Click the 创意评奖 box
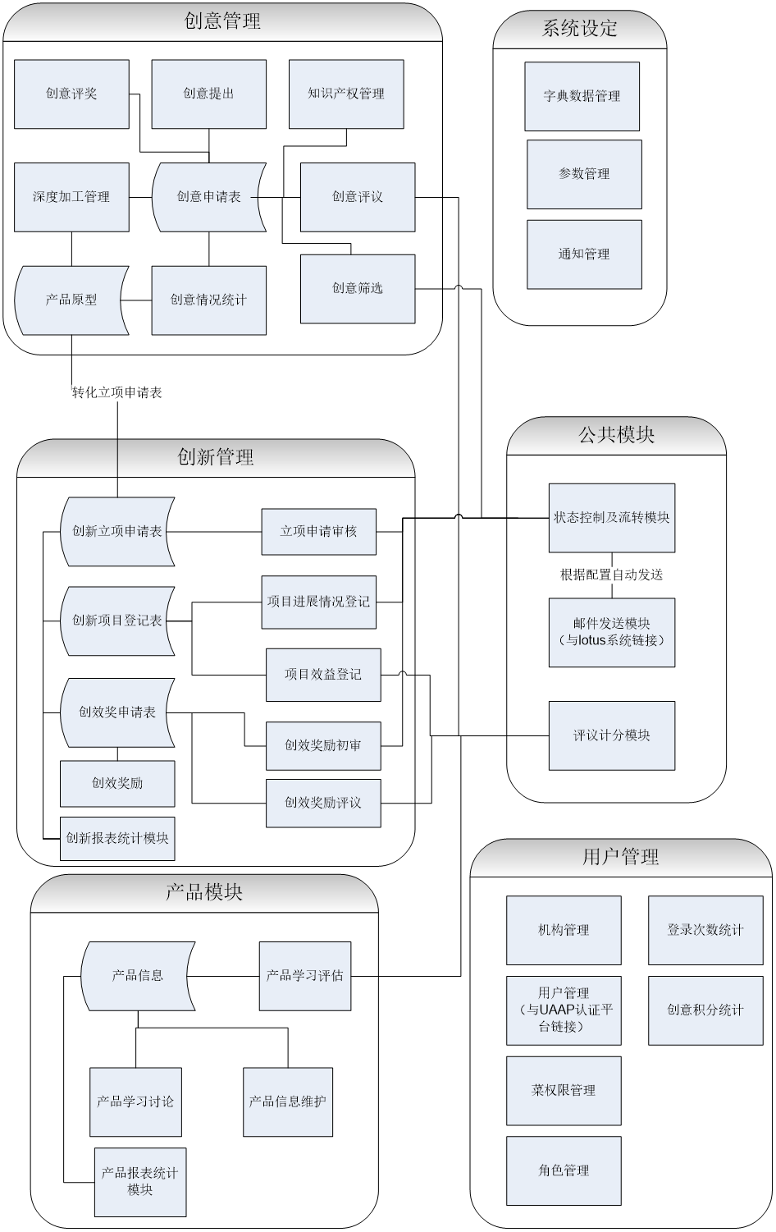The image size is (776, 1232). [71, 94]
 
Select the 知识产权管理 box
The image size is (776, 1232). [346, 94]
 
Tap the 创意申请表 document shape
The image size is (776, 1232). [208, 197]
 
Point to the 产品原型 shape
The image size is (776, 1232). [71, 300]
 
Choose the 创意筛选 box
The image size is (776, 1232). [358, 288]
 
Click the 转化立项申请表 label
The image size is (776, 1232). [116, 393]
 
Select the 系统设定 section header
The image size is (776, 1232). [579, 29]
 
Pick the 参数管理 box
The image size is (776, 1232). [584, 174]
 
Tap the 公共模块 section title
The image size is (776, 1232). [616, 435]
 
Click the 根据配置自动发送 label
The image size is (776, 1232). [611, 575]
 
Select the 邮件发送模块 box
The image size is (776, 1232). [612, 632]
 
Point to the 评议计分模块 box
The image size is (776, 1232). [612, 735]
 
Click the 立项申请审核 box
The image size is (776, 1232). [319, 532]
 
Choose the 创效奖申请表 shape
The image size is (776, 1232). [117, 712]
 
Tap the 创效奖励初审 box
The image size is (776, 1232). [323, 745]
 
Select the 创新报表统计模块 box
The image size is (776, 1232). [117, 838]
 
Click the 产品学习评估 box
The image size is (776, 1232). [305, 976]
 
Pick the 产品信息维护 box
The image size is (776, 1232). [288, 1101]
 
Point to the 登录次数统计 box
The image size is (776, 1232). [705, 930]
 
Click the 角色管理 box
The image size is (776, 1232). [564, 1170]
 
